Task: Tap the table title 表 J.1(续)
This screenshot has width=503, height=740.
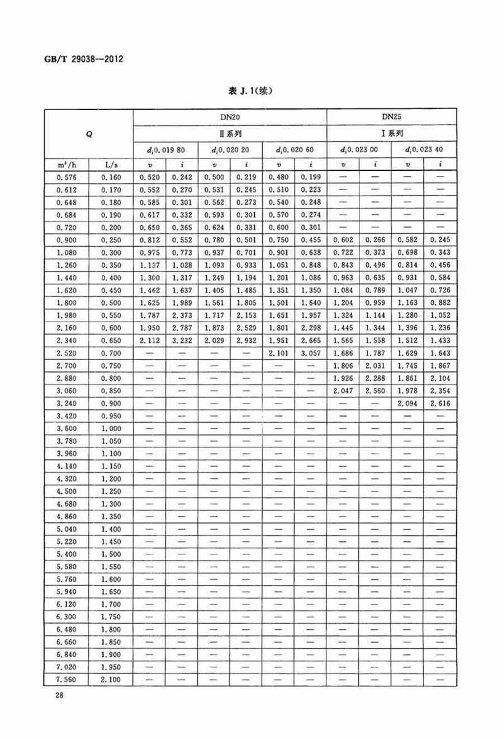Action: tap(251, 91)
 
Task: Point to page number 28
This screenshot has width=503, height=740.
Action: tap(59, 695)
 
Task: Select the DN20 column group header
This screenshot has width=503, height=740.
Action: tap(230, 117)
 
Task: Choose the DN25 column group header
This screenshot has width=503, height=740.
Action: tap(391, 117)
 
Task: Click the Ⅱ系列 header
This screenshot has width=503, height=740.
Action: tap(230, 134)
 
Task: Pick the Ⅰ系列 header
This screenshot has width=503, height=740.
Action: tap(391, 134)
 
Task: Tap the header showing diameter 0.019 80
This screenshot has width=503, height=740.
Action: tap(165, 150)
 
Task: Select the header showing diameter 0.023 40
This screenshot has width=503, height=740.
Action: tap(424, 150)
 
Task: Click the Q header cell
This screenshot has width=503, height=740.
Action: tap(89, 134)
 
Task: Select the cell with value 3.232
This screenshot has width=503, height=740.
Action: tap(182, 341)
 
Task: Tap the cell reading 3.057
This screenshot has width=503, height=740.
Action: tap(311, 353)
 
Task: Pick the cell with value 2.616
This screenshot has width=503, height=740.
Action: tap(440, 403)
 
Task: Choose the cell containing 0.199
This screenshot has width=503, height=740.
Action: tap(311, 177)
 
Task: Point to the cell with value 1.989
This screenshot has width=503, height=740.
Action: tap(182, 303)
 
